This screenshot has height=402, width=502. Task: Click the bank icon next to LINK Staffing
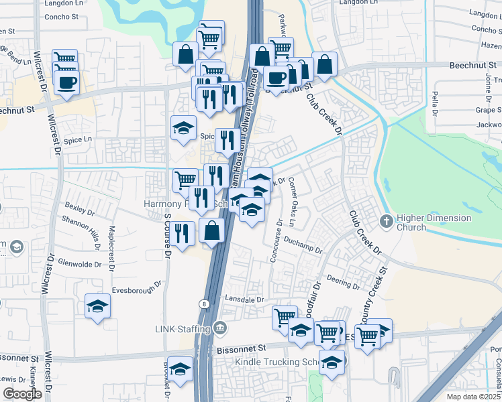tap(219, 328)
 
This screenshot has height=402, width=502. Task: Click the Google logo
tap(22, 394)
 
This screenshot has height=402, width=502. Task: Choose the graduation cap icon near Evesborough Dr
tap(98, 307)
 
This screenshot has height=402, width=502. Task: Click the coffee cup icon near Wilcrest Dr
tap(66, 83)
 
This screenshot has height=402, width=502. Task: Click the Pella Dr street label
tap(436, 103)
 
